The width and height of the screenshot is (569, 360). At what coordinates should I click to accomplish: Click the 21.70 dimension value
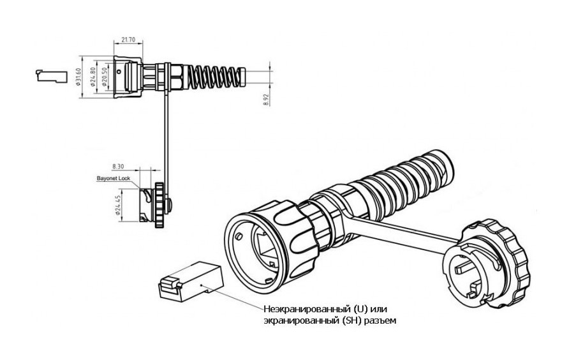pos(128,40)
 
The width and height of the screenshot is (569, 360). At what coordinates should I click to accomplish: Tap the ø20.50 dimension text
pos(103,77)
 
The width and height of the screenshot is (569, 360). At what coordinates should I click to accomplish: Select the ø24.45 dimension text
pos(119,206)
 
